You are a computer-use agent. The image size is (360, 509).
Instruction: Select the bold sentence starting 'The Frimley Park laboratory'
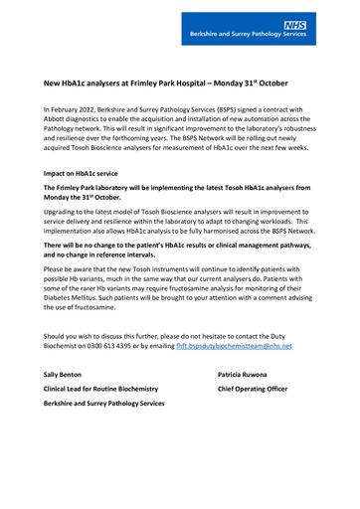click(x=175, y=186)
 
